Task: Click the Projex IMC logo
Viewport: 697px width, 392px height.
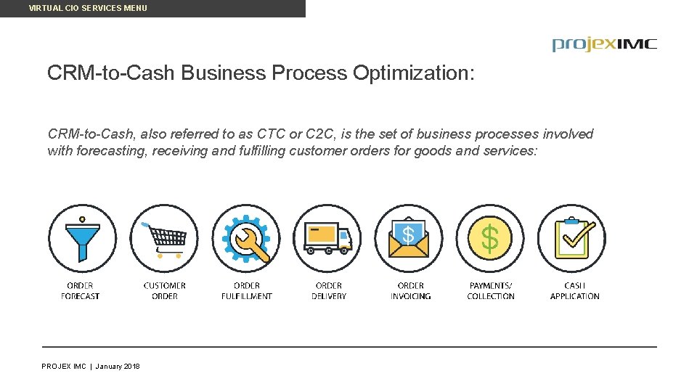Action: pos(604,44)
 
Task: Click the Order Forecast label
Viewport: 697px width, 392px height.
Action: pos(80,291)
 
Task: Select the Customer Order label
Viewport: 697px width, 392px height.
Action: pos(165,291)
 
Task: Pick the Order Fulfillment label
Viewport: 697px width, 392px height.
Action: pos(247,291)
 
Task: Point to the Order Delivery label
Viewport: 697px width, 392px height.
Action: pos(329,291)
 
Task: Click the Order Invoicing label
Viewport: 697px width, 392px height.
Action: pos(411,291)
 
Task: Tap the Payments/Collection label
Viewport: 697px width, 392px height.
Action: pos(491,291)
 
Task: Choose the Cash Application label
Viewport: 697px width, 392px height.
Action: pos(574,291)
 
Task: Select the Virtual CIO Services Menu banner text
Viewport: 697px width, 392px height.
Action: pos(88,8)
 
